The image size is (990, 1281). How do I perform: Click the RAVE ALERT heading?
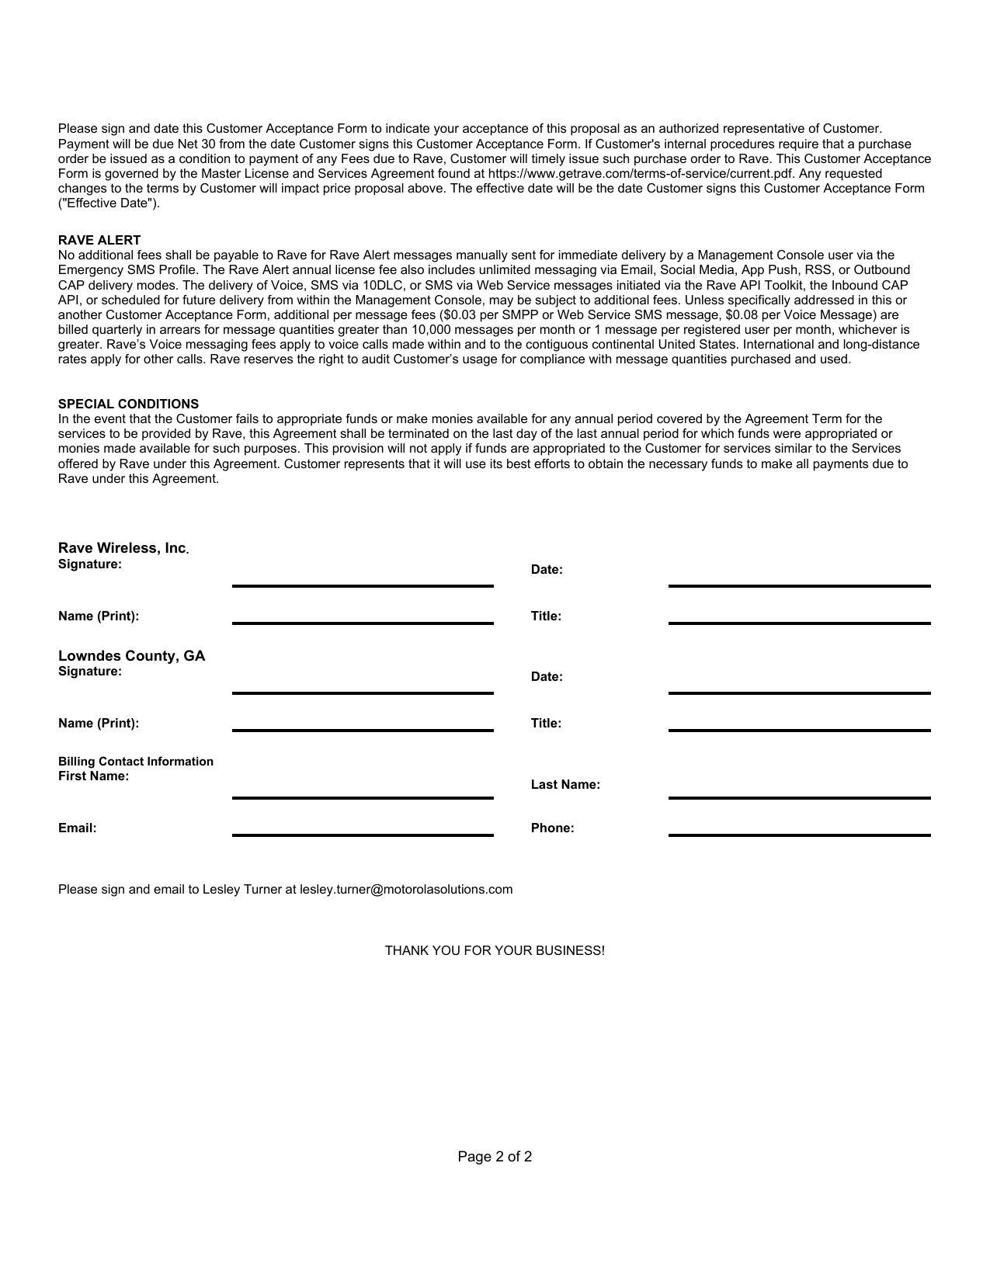coord(99,240)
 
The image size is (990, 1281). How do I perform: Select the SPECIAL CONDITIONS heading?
coord(128,404)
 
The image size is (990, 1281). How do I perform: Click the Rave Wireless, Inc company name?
coord(122,548)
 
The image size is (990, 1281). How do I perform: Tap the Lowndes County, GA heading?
coord(131,656)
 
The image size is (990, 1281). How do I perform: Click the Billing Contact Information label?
coord(135,761)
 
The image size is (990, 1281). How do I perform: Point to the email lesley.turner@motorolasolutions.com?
coord(406,889)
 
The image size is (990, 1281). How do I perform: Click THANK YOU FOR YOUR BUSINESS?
coord(495,950)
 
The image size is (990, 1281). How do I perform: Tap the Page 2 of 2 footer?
coord(495,1157)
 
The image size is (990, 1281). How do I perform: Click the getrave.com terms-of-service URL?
coord(641,173)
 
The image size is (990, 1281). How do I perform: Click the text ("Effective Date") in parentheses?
coord(109,203)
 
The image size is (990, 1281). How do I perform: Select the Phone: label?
coord(552,828)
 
